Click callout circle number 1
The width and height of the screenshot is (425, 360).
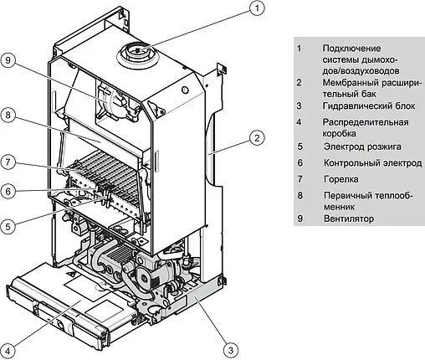(257, 8)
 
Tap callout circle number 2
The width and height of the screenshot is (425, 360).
(257, 137)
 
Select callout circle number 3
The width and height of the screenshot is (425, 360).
(231, 350)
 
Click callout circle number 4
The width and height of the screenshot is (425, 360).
(8, 351)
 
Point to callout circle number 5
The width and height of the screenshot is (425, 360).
(8, 226)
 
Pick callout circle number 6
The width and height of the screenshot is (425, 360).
(8, 191)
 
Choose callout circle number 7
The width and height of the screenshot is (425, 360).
(8, 162)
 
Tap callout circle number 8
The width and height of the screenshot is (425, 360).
(8, 115)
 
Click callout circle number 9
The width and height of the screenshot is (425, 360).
(8, 60)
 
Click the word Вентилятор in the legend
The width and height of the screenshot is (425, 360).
(349, 219)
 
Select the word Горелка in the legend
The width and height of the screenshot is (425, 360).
(341, 179)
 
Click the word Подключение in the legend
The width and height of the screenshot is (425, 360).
(351, 49)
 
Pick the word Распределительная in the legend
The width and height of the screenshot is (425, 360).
(366, 122)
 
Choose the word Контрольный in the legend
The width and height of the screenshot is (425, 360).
(350, 162)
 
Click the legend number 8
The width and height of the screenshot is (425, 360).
(300, 195)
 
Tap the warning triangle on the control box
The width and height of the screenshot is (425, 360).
(71, 274)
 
